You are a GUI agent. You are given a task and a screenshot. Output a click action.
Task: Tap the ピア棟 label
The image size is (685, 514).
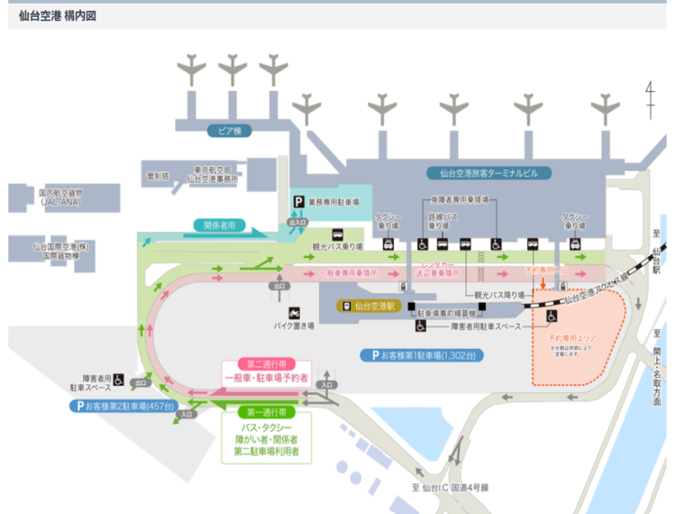[x=225, y=131]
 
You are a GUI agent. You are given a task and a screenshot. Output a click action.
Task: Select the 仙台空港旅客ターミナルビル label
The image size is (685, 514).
[x=489, y=173]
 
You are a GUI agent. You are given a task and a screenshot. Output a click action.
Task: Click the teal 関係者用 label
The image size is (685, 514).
[x=218, y=225]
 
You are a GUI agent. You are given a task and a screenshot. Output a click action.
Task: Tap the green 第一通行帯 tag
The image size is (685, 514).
[x=266, y=412]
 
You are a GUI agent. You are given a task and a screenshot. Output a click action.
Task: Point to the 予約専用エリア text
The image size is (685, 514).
[x=572, y=337]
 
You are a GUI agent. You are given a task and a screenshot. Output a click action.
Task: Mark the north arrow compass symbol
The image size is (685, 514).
[x=650, y=99]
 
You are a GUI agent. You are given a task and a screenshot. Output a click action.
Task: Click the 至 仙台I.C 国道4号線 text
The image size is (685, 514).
[x=450, y=488]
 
